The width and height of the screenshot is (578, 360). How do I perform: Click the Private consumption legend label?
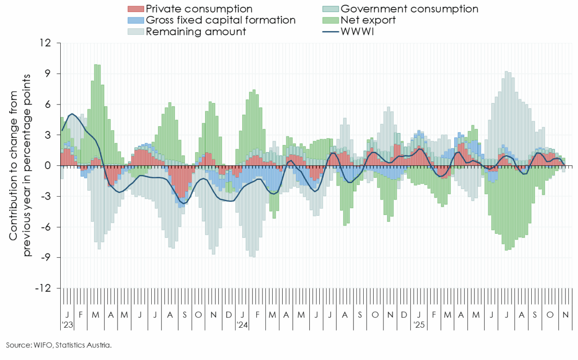coord(198,9)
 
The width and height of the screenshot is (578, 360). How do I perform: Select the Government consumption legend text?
coord(409,9)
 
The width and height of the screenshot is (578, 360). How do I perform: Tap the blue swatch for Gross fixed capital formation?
coord(135,20)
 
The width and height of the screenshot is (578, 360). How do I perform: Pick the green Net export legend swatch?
coord(330,20)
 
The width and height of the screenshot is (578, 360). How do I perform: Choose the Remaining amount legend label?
coord(196,32)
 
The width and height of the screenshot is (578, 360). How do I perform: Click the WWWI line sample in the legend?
coord(330,32)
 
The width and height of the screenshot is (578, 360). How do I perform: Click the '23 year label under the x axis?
coord(67,325)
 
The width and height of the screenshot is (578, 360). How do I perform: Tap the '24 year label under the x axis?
coord(242,325)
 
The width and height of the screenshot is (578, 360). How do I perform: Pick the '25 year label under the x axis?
coord(419,325)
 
